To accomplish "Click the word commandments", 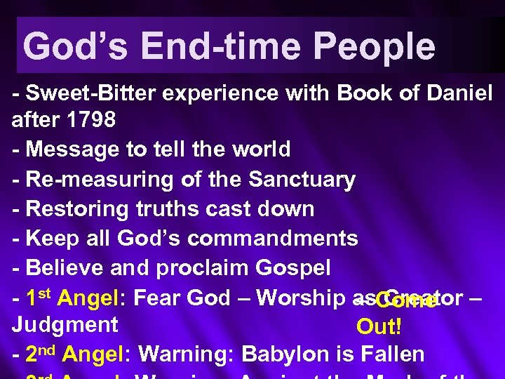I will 273,239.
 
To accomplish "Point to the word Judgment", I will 65,325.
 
